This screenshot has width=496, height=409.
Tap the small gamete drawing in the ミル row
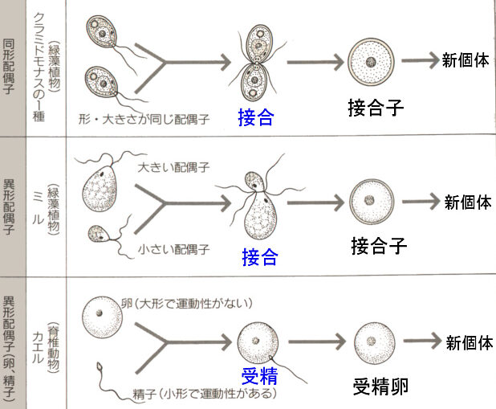click(x=99, y=234)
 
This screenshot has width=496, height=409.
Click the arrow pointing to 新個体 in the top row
click(x=417, y=61)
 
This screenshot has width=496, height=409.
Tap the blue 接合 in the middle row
click(x=260, y=258)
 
